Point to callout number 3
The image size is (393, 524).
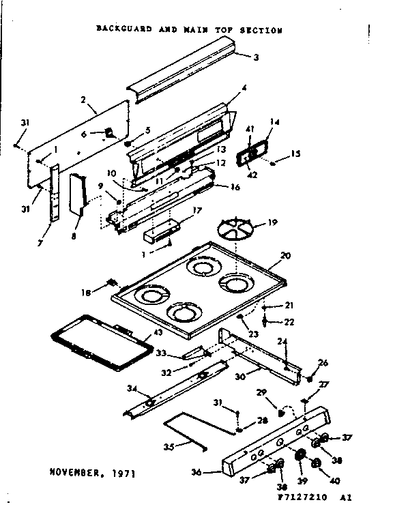tap(256, 57)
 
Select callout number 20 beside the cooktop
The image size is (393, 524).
tap(285, 254)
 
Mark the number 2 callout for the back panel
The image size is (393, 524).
tap(83, 100)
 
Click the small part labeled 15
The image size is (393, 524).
tap(273, 164)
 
